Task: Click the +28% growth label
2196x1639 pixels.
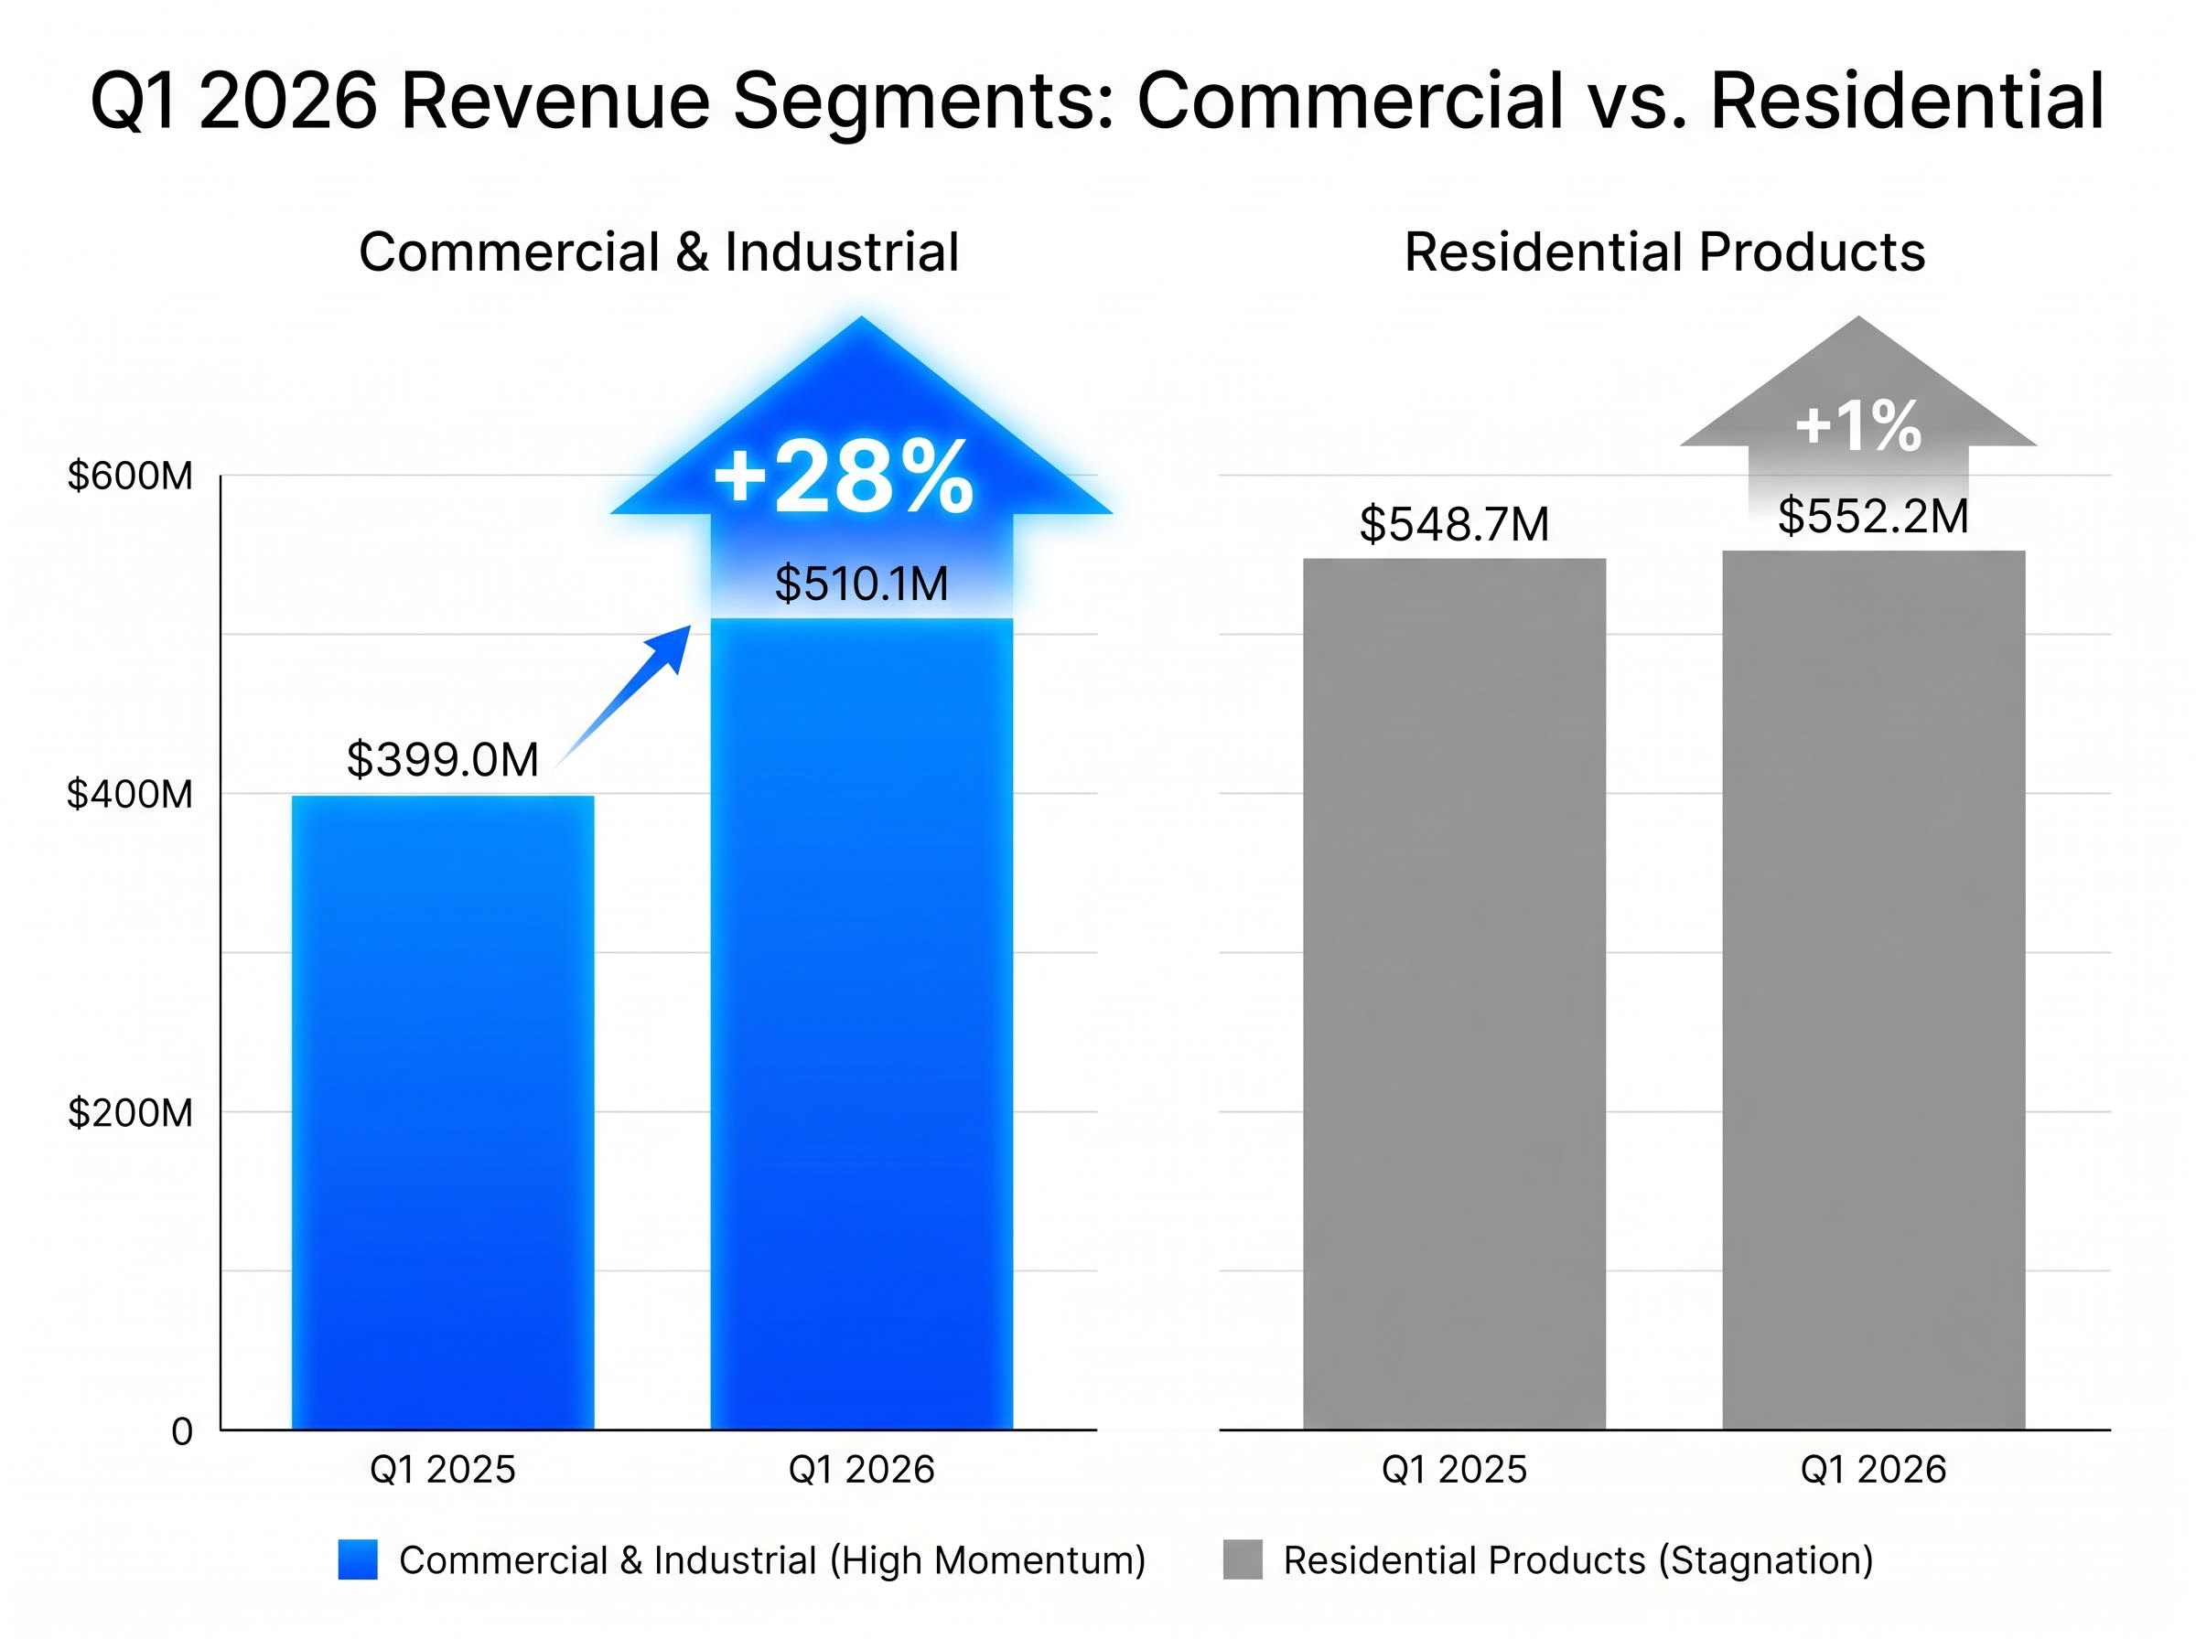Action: click(844, 478)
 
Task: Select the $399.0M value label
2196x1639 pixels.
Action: click(443, 760)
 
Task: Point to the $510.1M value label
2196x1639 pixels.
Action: click(860, 584)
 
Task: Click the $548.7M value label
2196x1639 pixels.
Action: click(1454, 524)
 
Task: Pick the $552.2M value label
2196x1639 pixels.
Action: click(1872, 517)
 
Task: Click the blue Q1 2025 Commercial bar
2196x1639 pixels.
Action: click(443, 1111)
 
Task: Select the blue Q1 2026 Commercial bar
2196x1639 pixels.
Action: click(861, 1022)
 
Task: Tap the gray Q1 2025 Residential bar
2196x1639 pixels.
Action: click(1454, 992)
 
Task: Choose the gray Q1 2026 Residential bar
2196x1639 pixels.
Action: click(1872, 992)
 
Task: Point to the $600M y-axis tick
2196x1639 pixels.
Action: click(129, 477)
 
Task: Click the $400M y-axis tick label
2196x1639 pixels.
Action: click(129, 795)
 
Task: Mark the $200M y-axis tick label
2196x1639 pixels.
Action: click(129, 1113)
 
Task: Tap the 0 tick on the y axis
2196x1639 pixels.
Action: click(181, 1431)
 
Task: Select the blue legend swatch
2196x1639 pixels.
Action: click(357, 1559)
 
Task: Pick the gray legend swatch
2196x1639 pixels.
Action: click(1243, 1559)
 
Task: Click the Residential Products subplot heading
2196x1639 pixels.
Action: click(1664, 252)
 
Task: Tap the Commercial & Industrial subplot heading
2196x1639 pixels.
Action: click(659, 252)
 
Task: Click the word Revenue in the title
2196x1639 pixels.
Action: click(555, 102)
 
